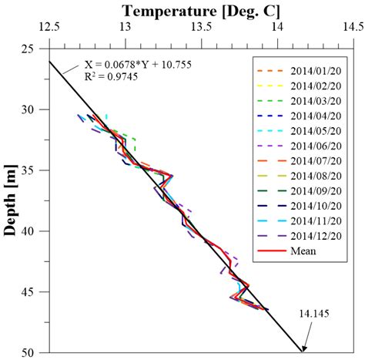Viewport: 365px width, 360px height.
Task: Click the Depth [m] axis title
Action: (x=11, y=200)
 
